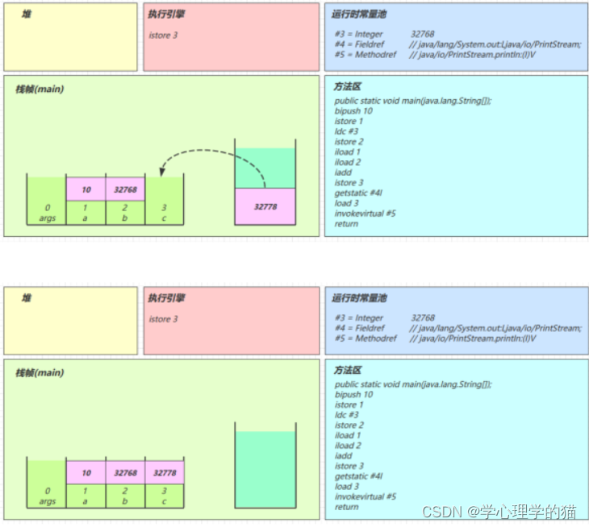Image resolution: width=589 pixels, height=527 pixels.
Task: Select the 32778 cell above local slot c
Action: click(165, 473)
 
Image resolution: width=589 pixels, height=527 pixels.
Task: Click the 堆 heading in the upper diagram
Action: click(27, 15)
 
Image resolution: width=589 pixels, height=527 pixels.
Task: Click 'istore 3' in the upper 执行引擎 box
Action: click(164, 35)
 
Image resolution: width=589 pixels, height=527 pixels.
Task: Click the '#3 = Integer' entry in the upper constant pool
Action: click(360, 35)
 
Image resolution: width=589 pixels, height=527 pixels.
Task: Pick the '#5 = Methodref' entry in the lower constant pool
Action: click(366, 338)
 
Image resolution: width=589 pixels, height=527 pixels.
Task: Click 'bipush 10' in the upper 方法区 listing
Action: click(353, 111)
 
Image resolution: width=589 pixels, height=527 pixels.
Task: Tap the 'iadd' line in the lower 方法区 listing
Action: click(343, 456)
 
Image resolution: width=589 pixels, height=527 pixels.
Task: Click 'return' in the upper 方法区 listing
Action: click(346, 224)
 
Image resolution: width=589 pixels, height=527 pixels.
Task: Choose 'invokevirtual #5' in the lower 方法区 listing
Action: click(366, 496)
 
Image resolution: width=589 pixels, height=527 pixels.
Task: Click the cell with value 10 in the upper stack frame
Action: click(86, 189)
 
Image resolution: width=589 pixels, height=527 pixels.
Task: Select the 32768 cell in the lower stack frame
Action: click(125, 473)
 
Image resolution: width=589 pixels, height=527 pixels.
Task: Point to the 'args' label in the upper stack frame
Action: click(48, 218)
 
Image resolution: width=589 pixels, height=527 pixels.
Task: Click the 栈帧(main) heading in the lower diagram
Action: click(40, 373)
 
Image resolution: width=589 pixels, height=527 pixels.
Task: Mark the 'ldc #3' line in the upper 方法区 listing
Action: click(347, 131)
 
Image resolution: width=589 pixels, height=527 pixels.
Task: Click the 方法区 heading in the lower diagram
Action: click(348, 370)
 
